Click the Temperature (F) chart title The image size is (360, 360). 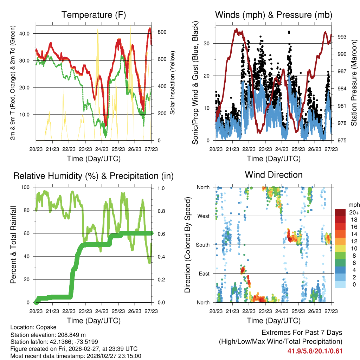[x=94, y=15]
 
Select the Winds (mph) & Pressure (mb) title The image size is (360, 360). [x=274, y=15]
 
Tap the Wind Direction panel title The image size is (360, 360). [x=274, y=175]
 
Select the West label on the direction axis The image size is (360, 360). [x=204, y=216]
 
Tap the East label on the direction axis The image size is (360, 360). [x=204, y=274]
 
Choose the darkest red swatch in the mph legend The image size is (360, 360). [x=340, y=213]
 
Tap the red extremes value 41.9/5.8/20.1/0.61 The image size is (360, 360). [x=315, y=351]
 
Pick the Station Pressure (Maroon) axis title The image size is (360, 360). [x=354, y=83]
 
